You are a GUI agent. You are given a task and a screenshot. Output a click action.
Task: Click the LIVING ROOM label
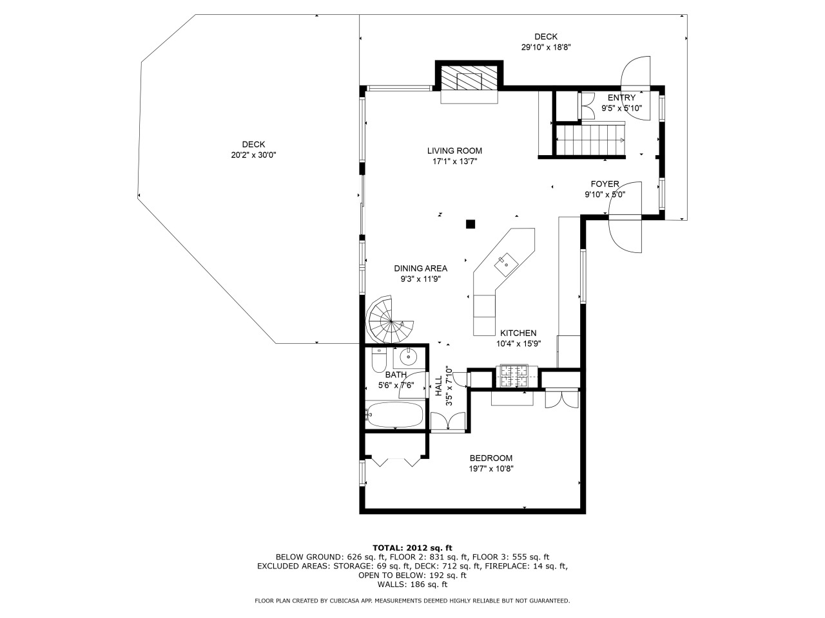tap(454, 151)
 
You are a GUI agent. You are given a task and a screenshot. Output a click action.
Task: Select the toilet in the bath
tap(379, 359)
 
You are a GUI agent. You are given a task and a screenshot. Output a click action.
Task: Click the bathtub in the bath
tap(395, 414)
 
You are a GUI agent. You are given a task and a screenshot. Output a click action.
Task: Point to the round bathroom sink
tap(409, 357)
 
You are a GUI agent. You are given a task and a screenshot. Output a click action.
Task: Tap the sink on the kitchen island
tap(506, 265)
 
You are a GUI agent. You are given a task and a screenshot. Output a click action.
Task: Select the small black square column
tap(471, 224)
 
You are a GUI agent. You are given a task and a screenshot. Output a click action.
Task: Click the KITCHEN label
tap(518, 333)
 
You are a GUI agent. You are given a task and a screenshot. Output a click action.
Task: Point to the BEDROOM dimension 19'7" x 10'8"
tap(490, 469)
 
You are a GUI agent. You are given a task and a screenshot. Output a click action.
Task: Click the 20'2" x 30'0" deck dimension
tap(253, 155)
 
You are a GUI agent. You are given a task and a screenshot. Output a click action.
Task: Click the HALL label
tap(439, 386)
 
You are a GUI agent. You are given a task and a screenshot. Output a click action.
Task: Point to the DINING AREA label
tap(420, 268)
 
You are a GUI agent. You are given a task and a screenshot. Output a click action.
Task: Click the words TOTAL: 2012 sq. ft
tap(412, 548)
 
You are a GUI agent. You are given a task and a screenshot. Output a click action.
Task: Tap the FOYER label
tap(605, 184)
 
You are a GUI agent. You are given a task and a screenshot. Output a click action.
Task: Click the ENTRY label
tap(622, 98)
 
